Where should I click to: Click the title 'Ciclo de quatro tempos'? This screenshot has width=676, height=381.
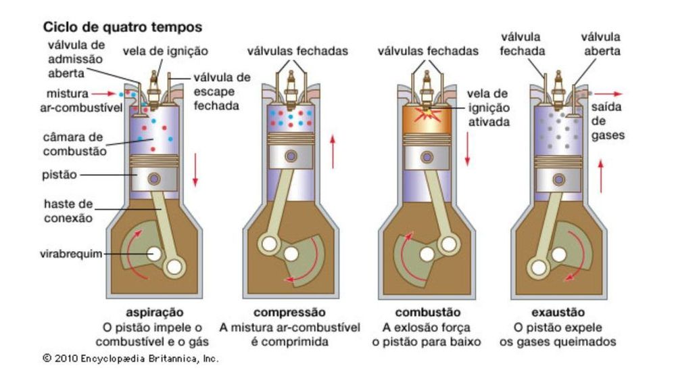click(x=122, y=28)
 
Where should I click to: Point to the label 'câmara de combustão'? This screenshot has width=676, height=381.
click(x=73, y=143)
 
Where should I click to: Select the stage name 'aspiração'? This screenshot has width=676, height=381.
click(x=155, y=313)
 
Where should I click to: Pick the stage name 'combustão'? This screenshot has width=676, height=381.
click(x=428, y=313)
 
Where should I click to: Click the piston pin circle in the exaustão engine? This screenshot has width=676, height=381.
click(x=558, y=179)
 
